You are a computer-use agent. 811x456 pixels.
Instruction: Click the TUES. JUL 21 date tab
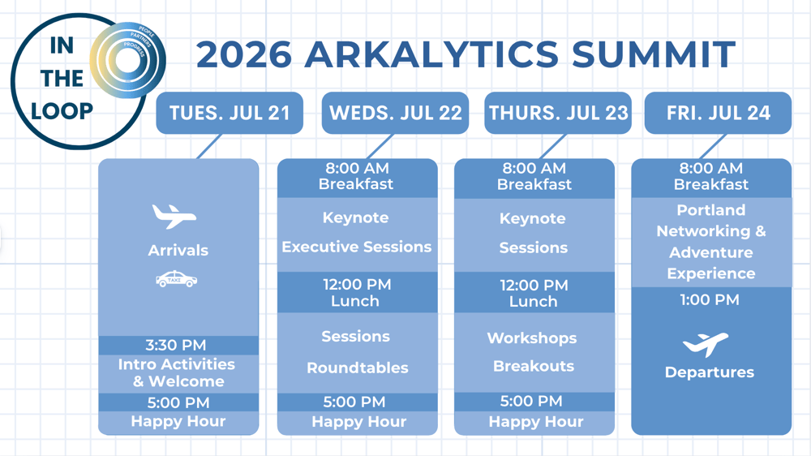pyautogui.click(x=230, y=113)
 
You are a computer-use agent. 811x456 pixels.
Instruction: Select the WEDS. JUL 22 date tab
pyautogui.click(x=395, y=113)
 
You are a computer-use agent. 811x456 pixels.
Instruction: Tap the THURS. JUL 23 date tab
pyautogui.click(x=558, y=113)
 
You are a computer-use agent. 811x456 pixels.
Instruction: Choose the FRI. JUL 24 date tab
pyautogui.click(x=718, y=113)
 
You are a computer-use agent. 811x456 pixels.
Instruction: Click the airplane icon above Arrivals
pyautogui.click(x=174, y=217)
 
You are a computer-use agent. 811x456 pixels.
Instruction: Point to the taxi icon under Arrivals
pyautogui.click(x=176, y=280)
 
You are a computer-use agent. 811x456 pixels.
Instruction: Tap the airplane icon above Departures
pyautogui.click(x=705, y=344)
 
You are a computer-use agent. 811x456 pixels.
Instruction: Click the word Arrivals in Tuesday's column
pyautogui.click(x=178, y=251)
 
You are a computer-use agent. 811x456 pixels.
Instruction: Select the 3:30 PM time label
pyautogui.click(x=176, y=346)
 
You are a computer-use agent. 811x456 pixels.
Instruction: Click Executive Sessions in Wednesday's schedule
pyautogui.click(x=357, y=247)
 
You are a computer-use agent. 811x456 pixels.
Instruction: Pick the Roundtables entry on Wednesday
pyautogui.click(x=357, y=368)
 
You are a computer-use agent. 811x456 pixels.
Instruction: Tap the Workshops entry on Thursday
pyautogui.click(x=532, y=338)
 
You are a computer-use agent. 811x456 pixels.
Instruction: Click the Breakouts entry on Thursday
pyautogui.click(x=533, y=366)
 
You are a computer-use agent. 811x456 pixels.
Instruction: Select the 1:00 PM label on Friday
pyautogui.click(x=710, y=300)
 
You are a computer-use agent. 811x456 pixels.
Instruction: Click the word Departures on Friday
pyautogui.click(x=709, y=372)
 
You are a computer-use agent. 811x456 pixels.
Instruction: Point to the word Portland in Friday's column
pyautogui.click(x=710, y=210)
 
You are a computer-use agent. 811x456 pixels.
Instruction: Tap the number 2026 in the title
pyautogui.click(x=243, y=54)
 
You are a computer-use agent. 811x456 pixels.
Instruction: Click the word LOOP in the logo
pyautogui.click(x=62, y=110)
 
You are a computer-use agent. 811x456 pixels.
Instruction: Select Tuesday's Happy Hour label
pyautogui.click(x=178, y=421)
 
